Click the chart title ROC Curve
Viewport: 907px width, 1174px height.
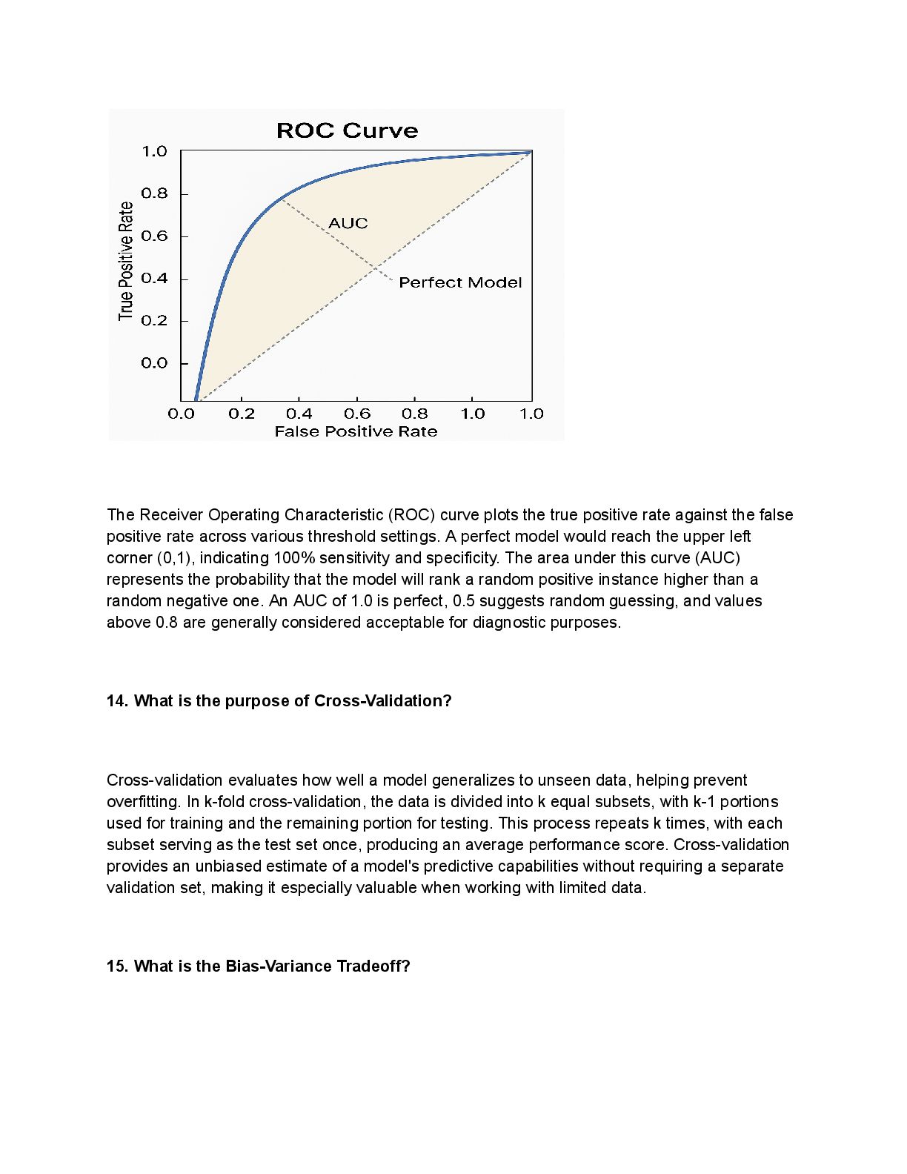tap(347, 131)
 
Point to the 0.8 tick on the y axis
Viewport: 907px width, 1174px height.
tap(155, 193)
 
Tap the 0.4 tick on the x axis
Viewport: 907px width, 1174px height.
tap(299, 414)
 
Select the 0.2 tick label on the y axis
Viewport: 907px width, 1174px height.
tap(155, 321)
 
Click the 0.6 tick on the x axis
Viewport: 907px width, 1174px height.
tap(357, 414)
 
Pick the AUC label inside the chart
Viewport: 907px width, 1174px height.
tap(348, 223)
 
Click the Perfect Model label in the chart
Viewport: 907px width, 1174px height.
tap(460, 282)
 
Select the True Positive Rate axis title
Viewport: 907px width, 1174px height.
tap(126, 261)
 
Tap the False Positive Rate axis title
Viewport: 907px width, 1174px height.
tap(356, 431)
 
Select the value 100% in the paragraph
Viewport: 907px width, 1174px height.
tap(290, 558)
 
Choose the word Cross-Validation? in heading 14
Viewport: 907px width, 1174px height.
tap(382, 701)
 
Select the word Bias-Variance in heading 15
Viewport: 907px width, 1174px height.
tap(279, 966)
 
